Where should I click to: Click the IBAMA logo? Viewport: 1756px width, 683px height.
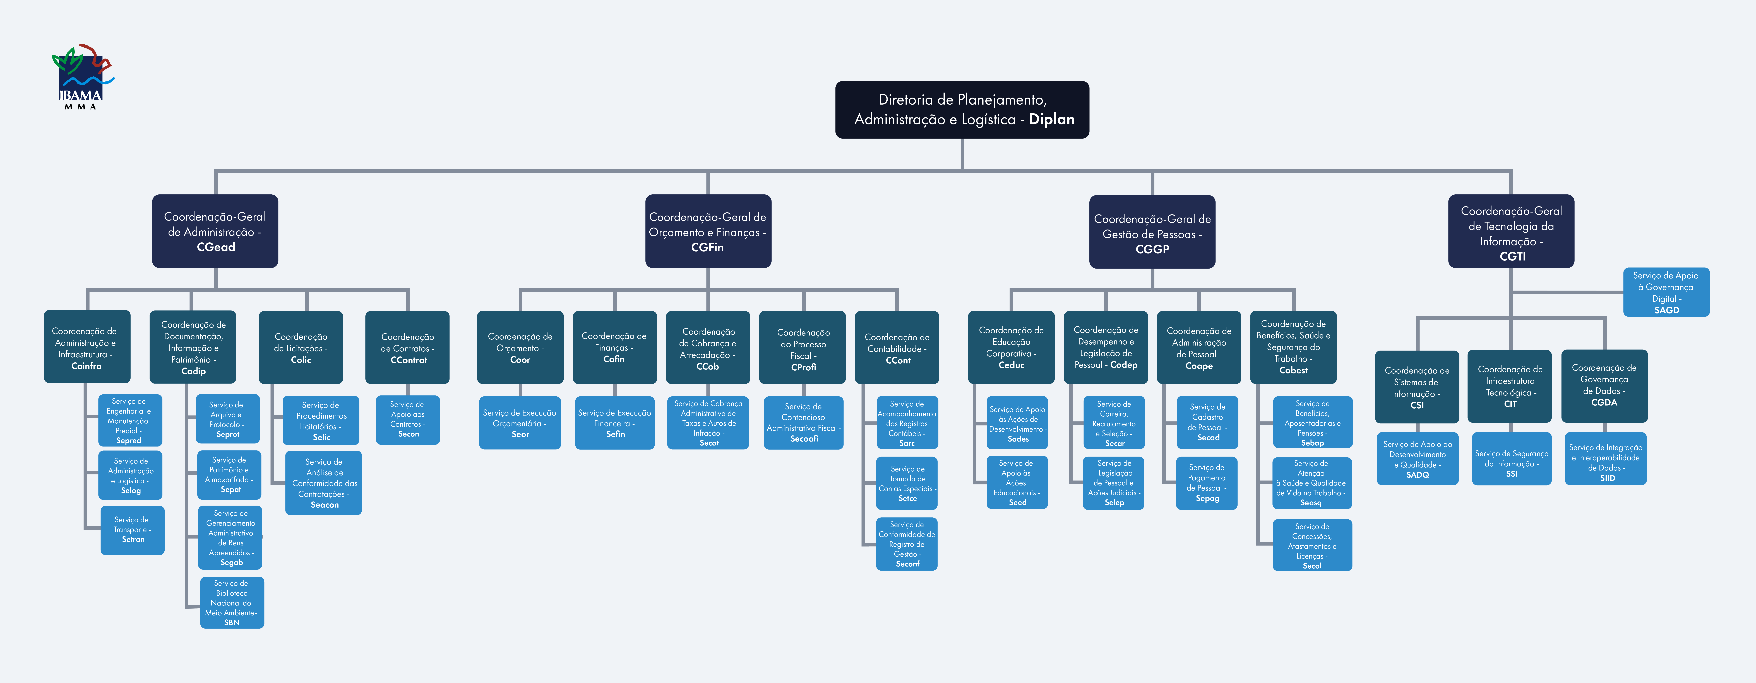(x=83, y=76)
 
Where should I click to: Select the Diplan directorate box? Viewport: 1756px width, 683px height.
(x=962, y=110)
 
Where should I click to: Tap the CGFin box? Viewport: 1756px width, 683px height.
(x=708, y=231)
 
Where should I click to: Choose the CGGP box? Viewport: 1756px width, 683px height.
(x=1152, y=232)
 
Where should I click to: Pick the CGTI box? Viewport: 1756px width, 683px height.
(x=1511, y=231)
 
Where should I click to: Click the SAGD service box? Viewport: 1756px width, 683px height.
(x=1666, y=292)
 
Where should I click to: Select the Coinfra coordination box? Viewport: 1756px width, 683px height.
(x=87, y=347)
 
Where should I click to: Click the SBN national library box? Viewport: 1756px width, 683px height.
(x=232, y=603)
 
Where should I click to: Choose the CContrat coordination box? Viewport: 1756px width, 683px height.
(x=408, y=348)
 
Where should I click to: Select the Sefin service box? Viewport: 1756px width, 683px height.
(x=615, y=423)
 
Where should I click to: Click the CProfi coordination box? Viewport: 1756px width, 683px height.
(x=802, y=348)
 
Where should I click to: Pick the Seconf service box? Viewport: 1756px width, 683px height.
(x=907, y=544)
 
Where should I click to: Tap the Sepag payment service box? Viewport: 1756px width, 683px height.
(x=1207, y=483)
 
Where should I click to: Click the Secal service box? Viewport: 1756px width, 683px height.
(x=1312, y=545)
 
